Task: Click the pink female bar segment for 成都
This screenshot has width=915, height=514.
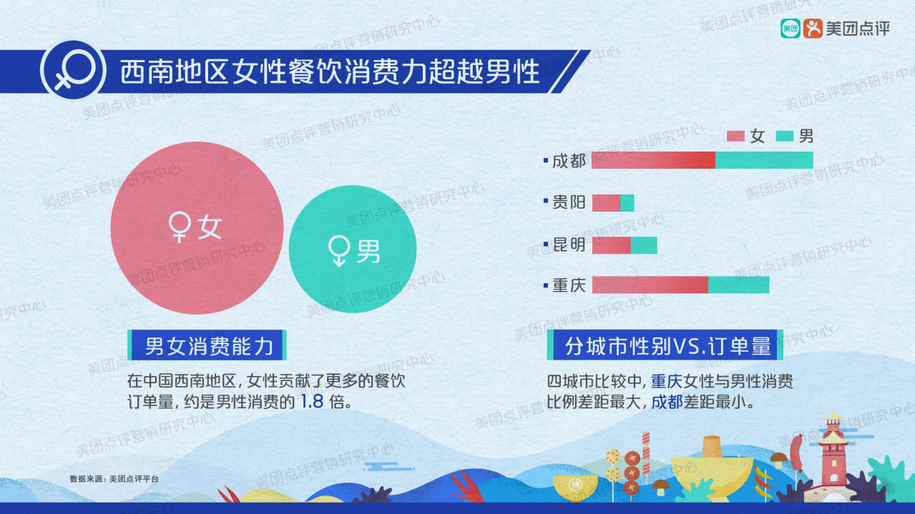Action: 653,160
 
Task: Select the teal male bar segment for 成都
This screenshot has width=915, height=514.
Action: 764,160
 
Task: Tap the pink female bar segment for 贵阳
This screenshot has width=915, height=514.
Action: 606,203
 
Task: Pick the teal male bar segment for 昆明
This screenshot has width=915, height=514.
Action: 644,245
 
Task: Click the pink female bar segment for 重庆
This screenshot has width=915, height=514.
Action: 650,285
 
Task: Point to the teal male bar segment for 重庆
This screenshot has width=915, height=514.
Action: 738,285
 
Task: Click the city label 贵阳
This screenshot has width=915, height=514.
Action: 569,203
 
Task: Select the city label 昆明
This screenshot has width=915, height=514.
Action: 569,245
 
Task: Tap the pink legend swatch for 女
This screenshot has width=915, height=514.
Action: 736,137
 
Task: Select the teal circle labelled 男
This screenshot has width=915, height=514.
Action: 353,249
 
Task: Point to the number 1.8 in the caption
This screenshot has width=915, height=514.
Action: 312,400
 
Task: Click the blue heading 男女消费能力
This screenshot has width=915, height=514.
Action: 208,347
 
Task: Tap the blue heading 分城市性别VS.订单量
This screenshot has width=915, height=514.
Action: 667,347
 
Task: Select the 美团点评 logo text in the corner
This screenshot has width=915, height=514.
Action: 857,29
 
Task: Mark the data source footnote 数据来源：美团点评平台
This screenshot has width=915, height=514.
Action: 114,478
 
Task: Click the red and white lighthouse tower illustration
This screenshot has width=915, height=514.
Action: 832,450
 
